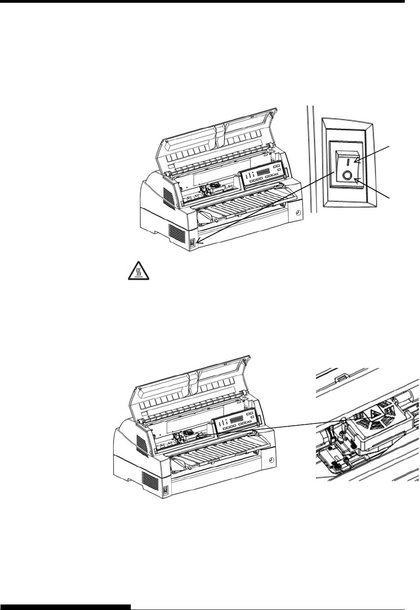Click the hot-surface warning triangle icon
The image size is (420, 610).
[x=137, y=272]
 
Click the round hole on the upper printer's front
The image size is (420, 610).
[x=297, y=213]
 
